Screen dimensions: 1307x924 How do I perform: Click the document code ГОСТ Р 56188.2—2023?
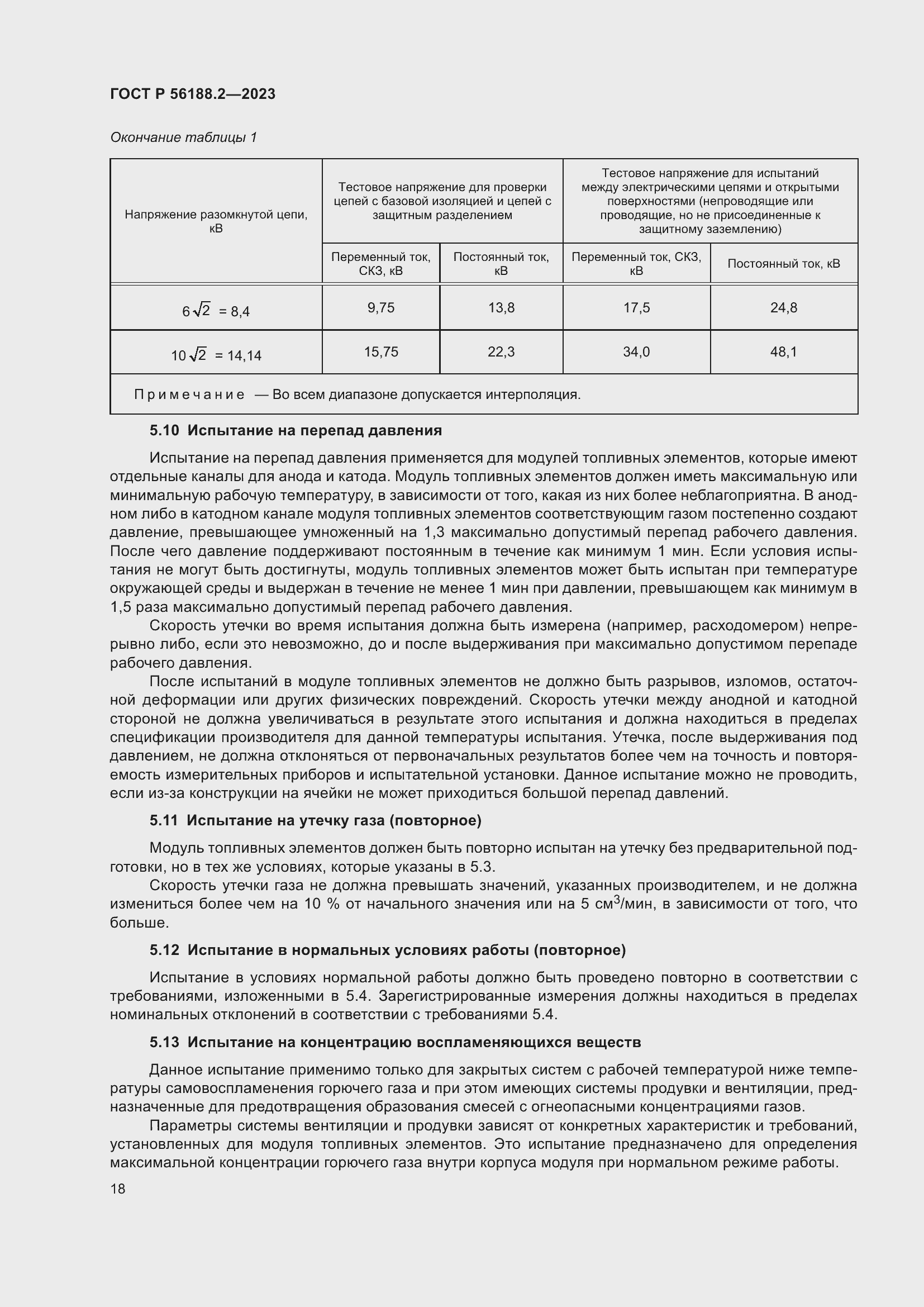pyautogui.click(x=192, y=94)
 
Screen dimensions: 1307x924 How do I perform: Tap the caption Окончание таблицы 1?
pyautogui.click(x=183, y=137)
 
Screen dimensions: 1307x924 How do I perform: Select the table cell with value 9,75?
pyautogui.click(x=380, y=307)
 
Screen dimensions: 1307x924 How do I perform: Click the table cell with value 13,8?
pyautogui.click(x=501, y=307)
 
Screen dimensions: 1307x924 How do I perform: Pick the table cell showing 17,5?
pyautogui.click(x=636, y=307)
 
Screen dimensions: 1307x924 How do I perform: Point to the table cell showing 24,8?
pyautogui.click(x=783, y=307)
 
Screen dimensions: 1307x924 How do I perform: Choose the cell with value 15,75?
pyautogui.click(x=380, y=352)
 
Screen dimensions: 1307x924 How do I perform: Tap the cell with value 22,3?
pyautogui.click(x=501, y=352)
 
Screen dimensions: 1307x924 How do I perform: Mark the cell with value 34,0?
pyautogui.click(x=636, y=352)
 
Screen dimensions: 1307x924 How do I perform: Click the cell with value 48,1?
pyautogui.click(x=783, y=352)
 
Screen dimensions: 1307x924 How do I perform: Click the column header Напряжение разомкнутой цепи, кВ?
pyautogui.click(x=216, y=221)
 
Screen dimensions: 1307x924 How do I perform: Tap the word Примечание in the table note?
pyautogui.click(x=189, y=395)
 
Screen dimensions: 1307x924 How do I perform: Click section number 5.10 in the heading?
pyautogui.click(x=164, y=430)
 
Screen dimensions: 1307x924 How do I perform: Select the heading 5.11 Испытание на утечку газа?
pyautogui.click(x=316, y=820)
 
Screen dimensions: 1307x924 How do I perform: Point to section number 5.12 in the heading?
pyautogui.click(x=164, y=950)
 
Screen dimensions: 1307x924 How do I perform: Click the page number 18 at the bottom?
pyautogui.click(x=118, y=1189)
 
